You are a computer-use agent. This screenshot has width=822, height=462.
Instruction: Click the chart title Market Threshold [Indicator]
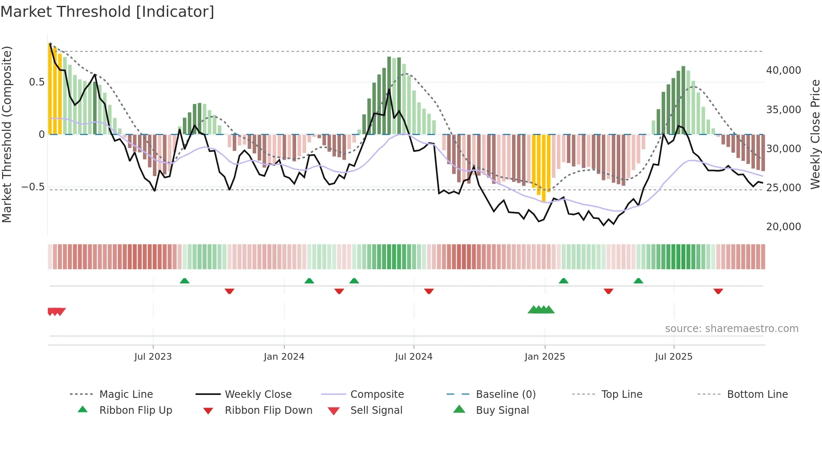(107, 12)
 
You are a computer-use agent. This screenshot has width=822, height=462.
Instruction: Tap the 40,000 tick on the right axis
(783, 70)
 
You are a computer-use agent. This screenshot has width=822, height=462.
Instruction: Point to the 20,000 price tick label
(783, 227)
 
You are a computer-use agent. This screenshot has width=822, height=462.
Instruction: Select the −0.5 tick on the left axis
(33, 187)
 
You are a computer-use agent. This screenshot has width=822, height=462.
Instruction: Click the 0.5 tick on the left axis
(36, 82)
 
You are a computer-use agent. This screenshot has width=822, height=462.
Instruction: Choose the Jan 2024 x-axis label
(284, 357)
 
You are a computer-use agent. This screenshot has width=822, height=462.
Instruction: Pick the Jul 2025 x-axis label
(674, 357)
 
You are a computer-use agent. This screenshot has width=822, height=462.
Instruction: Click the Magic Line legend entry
(126, 395)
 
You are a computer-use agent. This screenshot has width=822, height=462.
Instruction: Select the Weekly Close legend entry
(258, 395)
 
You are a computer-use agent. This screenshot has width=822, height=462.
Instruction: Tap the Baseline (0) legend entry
(505, 395)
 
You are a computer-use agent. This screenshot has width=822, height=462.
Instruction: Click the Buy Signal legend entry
(502, 410)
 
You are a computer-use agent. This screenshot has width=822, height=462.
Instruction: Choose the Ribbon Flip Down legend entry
(268, 410)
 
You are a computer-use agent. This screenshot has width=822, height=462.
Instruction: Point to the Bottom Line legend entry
(757, 395)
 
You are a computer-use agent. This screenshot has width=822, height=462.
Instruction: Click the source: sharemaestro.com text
(731, 329)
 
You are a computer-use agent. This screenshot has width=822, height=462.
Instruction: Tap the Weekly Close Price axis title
(815, 134)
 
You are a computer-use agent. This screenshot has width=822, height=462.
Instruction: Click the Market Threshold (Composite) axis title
(7, 134)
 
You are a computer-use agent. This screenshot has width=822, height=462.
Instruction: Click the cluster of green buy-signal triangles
(541, 310)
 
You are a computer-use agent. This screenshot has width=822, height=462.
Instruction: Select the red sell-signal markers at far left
(56, 311)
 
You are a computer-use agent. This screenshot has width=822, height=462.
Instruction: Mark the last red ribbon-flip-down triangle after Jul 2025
(718, 291)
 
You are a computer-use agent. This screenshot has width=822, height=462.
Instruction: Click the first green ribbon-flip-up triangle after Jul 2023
(185, 280)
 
